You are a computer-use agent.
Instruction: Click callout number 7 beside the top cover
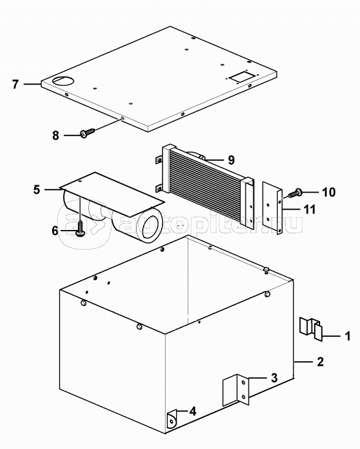tap(15, 84)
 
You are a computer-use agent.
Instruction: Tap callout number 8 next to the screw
tap(56, 135)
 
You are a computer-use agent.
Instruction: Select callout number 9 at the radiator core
tap(231, 159)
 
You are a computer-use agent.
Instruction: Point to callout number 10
tap(329, 192)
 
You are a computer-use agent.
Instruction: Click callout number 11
tap(309, 209)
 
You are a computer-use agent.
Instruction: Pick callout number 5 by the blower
tap(36, 190)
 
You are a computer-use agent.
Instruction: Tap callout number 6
tap(55, 231)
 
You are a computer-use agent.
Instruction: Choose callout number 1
tap(348, 336)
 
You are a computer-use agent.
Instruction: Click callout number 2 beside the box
tap(320, 362)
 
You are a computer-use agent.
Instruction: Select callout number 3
tap(274, 378)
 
